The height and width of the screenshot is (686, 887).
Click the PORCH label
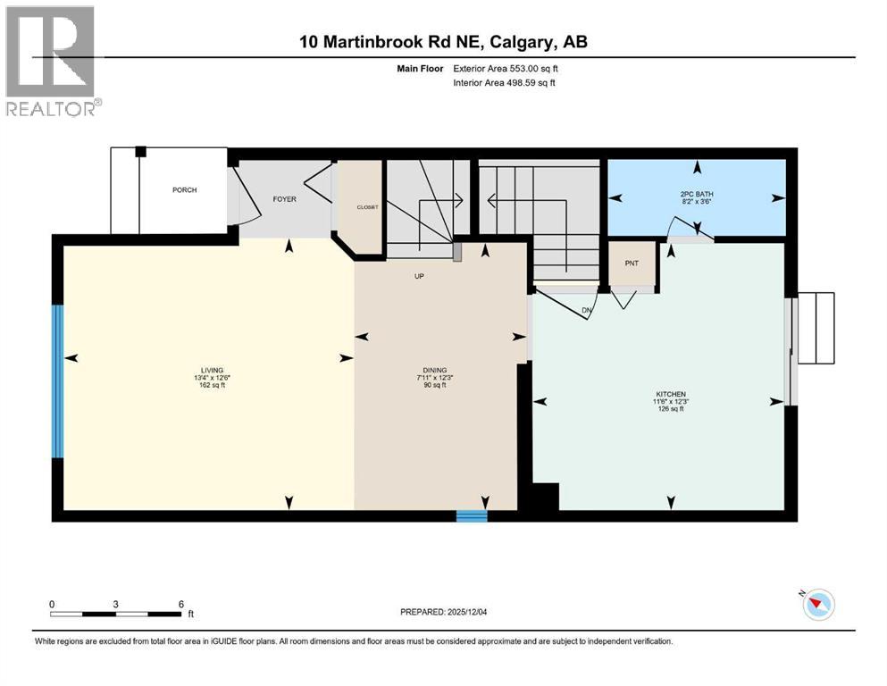(185, 190)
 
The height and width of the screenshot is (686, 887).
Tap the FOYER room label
(284, 198)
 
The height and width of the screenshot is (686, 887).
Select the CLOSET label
(368, 207)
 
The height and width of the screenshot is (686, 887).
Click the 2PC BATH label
(697, 194)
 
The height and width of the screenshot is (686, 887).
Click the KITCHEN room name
(668, 394)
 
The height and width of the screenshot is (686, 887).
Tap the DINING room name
(435, 371)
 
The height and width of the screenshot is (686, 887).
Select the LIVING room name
(212, 371)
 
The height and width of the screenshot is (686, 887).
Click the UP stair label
(418, 276)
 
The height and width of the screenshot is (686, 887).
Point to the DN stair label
(587, 311)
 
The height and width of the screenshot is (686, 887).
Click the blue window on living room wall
(58, 381)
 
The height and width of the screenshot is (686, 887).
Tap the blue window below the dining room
(472, 515)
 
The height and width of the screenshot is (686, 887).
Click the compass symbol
(817, 604)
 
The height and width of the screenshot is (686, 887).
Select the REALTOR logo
(51, 61)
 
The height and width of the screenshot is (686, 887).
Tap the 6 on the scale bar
(180, 604)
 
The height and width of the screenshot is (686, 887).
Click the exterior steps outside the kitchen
(816, 328)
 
